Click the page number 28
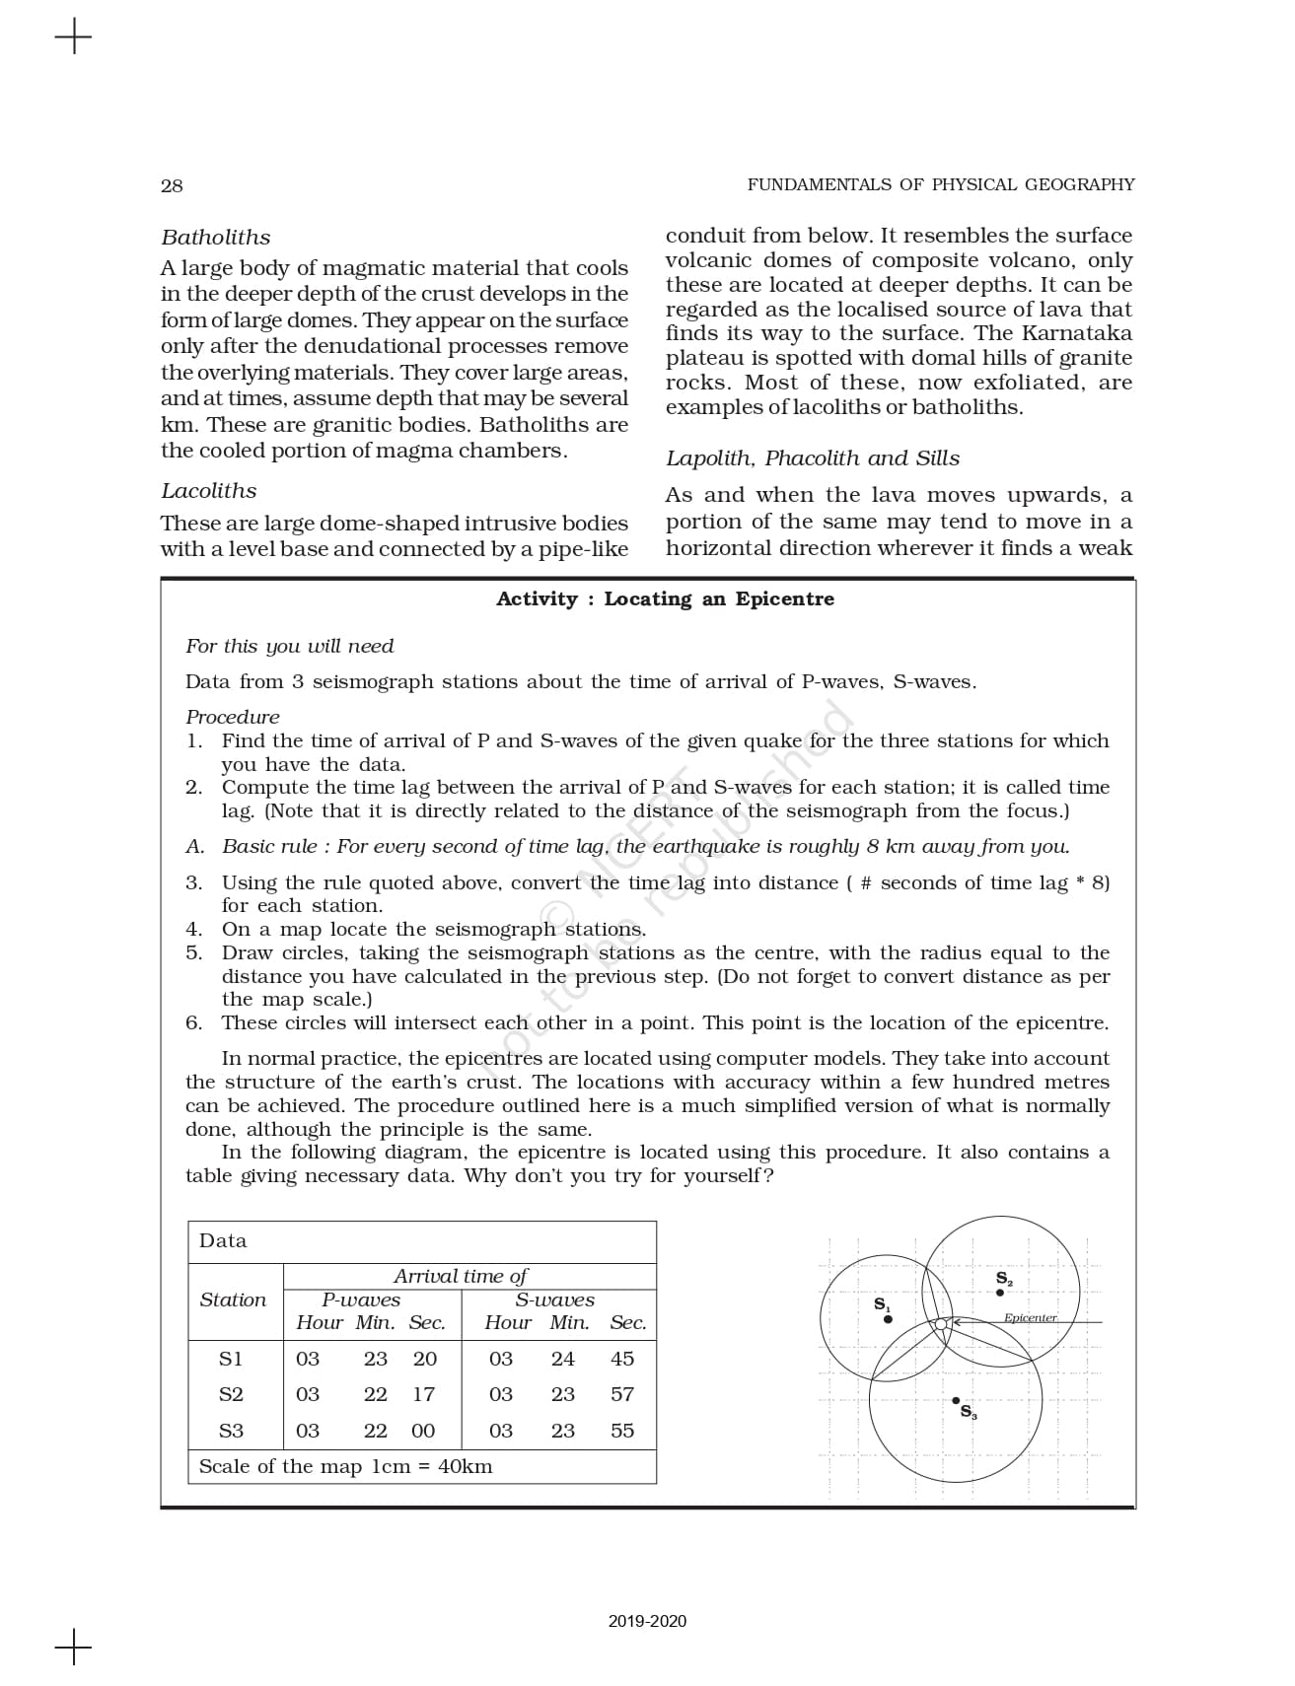point(172,185)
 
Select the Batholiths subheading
point(215,238)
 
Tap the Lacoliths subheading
point(208,491)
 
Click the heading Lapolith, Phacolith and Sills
point(812,458)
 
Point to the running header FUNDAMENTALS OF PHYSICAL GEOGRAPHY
point(940,184)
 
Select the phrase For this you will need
point(289,646)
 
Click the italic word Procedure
point(232,717)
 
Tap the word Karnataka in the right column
point(1077,333)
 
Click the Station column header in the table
point(233,1300)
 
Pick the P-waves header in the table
point(361,1300)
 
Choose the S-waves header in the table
point(554,1300)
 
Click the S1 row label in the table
point(231,1359)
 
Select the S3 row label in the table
point(231,1431)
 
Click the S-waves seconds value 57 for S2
point(621,1394)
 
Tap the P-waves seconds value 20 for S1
point(424,1359)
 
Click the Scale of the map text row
point(345,1466)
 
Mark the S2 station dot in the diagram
point(1000,1292)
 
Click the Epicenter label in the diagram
point(1030,1317)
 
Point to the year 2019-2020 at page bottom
point(647,1622)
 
